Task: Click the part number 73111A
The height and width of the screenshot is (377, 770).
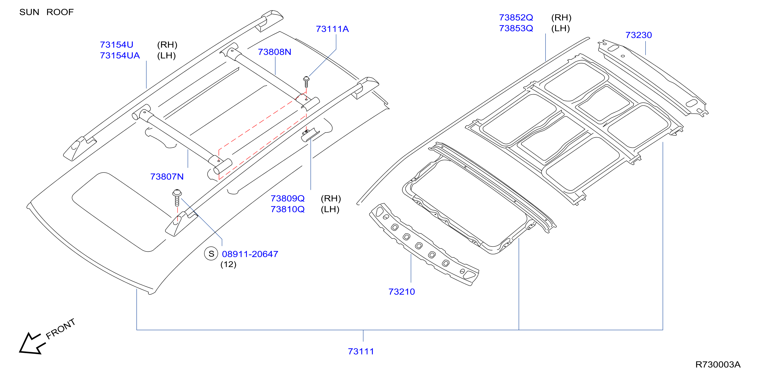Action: point(332,29)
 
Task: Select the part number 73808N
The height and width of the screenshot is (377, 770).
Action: point(274,52)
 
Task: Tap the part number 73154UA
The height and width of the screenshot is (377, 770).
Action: point(120,56)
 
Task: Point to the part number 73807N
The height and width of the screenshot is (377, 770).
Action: point(167,177)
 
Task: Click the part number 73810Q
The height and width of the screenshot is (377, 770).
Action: point(288,209)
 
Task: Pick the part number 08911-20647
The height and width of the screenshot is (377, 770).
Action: point(250,254)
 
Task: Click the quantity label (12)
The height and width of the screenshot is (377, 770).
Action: point(228,264)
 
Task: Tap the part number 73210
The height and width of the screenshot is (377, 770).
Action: point(402,292)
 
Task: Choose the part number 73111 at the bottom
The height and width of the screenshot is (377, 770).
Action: point(361,351)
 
